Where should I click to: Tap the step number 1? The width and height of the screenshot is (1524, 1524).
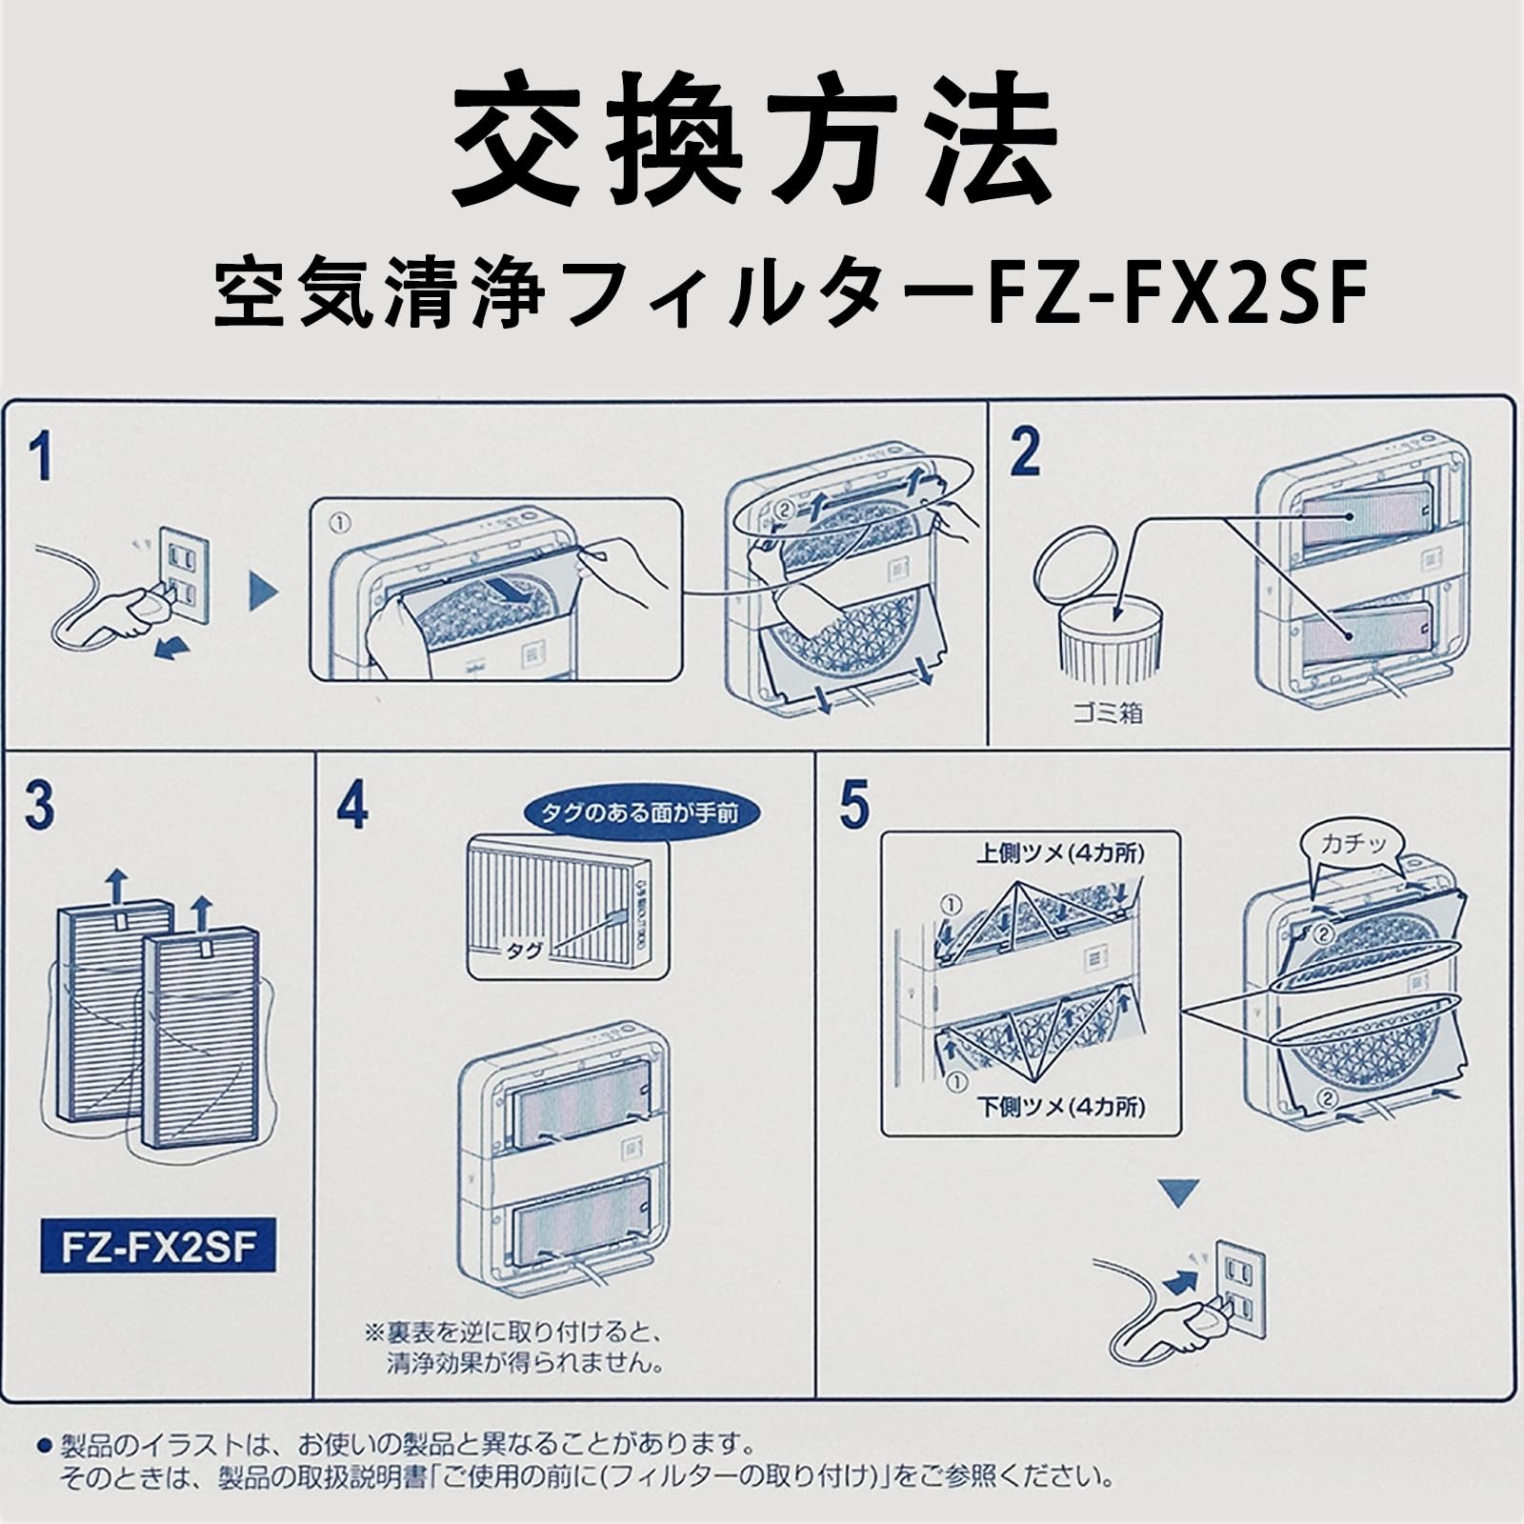(x=40, y=456)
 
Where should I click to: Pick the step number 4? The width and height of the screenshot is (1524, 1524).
(x=351, y=805)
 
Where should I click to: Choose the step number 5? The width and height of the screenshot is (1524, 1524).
(x=853, y=805)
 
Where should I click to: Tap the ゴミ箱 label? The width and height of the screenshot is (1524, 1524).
(x=1107, y=712)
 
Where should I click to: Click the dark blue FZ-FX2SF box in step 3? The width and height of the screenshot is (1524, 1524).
(x=157, y=1245)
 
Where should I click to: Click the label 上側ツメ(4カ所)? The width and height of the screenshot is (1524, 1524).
(x=1059, y=853)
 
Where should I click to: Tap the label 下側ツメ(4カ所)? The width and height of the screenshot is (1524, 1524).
(x=1060, y=1107)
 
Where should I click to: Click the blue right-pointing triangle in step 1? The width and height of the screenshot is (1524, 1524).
(x=263, y=592)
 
